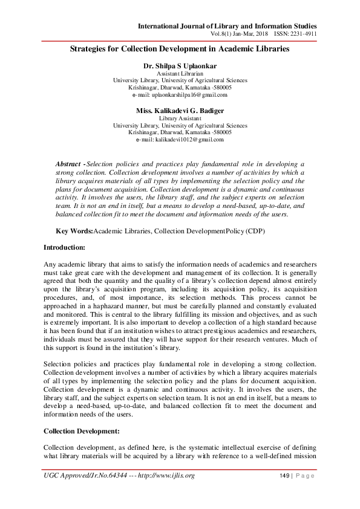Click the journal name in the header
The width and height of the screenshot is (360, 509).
point(227,25)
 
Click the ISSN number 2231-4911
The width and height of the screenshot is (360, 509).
point(304,34)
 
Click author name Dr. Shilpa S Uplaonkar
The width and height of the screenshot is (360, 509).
point(180,65)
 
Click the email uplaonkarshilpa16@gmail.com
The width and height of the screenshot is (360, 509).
point(180,95)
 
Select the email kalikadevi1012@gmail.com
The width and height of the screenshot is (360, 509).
point(180,140)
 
